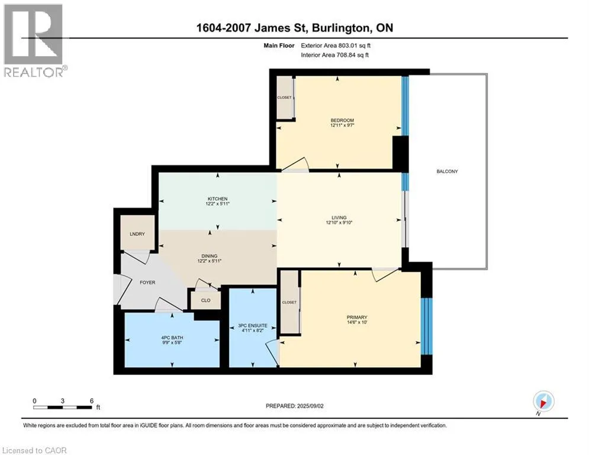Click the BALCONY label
[447, 171]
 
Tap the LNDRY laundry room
[137, 233]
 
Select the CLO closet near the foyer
[206, 300]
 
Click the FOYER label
[147, 283]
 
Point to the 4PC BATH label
[172, 338]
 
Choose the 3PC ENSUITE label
[253, 326]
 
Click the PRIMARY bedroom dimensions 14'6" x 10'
[356, 322]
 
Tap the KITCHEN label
[217, 199]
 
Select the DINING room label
[210, 256]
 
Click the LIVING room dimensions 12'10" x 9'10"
[339, 223]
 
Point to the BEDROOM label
[342, 120]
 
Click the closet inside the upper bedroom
[284, 97]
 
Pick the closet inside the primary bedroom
[289, 302]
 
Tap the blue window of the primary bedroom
[427, 326]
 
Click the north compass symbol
[543, 402]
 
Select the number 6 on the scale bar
[92, 401]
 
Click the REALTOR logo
[34, 41]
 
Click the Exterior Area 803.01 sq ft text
[336, 46]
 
